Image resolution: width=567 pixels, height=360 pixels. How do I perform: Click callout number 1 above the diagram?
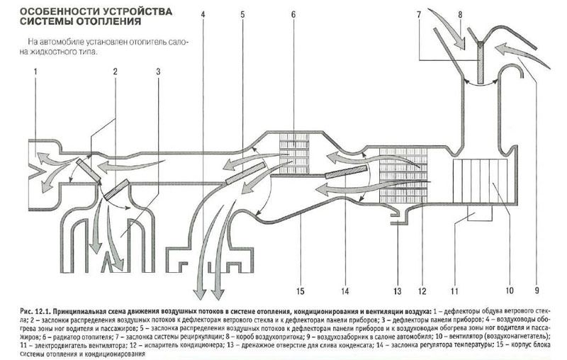point(35,72)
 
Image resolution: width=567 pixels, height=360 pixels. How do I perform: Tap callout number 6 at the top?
point(293,14)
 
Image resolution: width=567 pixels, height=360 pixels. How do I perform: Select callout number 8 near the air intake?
point(460,14)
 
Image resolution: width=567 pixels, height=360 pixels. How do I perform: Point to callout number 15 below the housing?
point(300,291)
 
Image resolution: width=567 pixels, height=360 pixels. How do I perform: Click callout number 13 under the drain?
point(398,291)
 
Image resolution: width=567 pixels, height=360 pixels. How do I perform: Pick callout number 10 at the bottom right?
point(509,291)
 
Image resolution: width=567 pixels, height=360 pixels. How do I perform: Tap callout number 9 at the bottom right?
point(537,291)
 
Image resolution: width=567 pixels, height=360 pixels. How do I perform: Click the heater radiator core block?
point(294,154)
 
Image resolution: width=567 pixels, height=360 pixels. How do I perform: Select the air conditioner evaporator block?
point(403,175)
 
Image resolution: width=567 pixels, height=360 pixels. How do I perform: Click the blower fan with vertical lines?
point(481,181)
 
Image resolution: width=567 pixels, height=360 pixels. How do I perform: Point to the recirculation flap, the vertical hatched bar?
point(480,63)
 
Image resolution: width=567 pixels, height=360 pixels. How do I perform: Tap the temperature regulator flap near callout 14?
point(347,171)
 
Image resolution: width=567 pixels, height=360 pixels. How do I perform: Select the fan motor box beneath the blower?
point(481,213)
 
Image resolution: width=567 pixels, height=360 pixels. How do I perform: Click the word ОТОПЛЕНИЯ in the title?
point(111,22)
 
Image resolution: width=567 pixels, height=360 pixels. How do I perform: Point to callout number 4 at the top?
point(203,14)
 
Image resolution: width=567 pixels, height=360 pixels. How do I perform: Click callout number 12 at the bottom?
point(422,291)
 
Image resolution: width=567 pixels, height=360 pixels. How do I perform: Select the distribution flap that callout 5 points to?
point(245,174)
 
